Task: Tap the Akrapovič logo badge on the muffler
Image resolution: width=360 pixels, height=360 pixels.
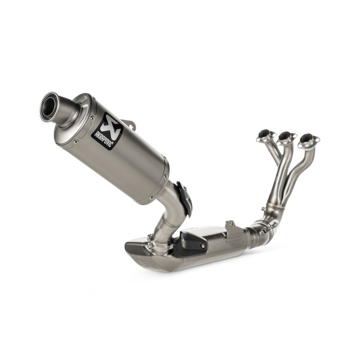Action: [106, 131]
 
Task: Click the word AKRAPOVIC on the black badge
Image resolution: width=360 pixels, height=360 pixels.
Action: [103, 136]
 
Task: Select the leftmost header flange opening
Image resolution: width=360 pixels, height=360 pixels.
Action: [265, 136]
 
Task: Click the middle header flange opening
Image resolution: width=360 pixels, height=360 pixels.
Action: [286, 136]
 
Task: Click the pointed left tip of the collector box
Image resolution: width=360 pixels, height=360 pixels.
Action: [128, 245]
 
